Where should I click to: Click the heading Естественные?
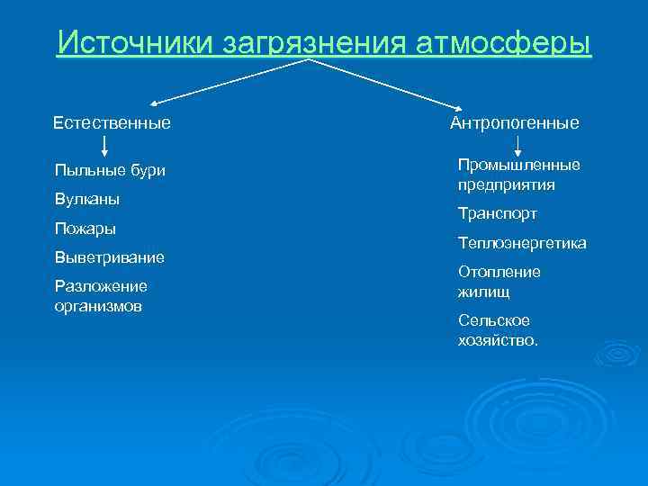(112, 121)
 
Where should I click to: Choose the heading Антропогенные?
(514, 121)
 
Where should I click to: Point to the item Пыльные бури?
(110, 170)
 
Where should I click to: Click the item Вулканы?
(87, 198)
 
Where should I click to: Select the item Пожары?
(85, 228)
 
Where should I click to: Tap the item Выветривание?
(109, 257)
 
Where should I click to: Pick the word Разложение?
(101, 286)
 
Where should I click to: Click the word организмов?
(99, 305)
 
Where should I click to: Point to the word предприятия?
(506, 184)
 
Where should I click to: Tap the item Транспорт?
(497, 213)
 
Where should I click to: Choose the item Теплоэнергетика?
(522, 243)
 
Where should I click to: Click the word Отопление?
(499, 272)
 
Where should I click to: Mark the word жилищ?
(484, 292)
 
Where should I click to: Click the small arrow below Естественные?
(104, 148)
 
